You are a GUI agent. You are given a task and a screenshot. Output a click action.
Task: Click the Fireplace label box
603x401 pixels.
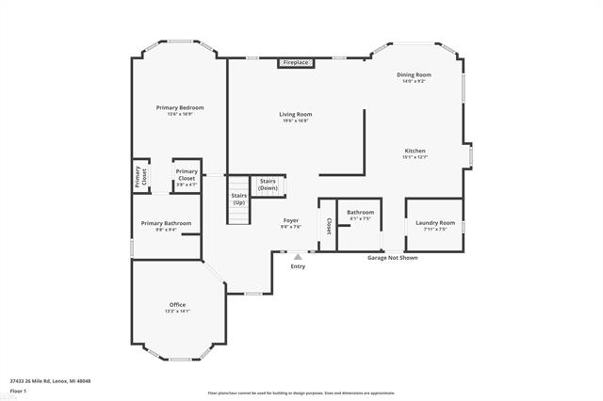(295, 62)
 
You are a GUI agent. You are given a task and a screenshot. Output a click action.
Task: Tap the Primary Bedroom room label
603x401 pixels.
(179, 108)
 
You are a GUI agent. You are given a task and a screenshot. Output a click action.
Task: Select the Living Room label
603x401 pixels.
(294, 115)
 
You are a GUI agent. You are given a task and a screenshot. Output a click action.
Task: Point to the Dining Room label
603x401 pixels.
(414, 74)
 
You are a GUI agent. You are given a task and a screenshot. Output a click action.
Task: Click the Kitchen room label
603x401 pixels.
(416, 151)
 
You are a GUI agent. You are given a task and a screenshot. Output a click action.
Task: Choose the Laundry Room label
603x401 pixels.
(434, 223)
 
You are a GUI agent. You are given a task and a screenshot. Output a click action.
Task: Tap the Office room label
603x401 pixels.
(177, 305)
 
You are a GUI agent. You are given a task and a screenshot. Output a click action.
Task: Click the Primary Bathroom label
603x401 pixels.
(166, 223)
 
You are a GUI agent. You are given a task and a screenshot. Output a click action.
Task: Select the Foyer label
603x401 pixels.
(291, 220)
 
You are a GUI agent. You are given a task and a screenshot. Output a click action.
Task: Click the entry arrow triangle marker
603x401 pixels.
(298, 254)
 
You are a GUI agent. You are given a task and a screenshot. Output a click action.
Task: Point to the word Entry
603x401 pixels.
(298, 266)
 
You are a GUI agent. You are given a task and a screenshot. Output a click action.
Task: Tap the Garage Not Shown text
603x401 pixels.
(392, 257)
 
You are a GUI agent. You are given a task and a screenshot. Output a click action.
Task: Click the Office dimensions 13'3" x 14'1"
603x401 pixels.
(177, 312)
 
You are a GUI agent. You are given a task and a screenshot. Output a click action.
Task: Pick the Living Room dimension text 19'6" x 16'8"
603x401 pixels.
(294, 121)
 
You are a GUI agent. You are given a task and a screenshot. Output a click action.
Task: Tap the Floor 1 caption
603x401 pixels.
(19, 390)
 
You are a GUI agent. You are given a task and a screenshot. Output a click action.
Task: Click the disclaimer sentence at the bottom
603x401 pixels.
(301, 393)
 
